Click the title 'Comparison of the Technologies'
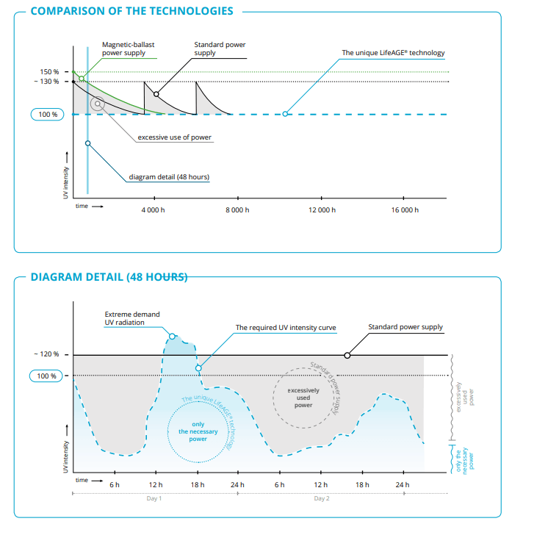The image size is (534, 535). coord(132,11)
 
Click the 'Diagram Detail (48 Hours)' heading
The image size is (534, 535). coord(109,277)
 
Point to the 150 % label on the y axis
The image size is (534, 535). coord(49,72)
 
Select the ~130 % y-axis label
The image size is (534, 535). coord(47,81)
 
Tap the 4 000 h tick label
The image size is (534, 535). coord(153,210)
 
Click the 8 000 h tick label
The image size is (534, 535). coord(237,210)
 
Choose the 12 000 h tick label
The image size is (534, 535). coord(322,210)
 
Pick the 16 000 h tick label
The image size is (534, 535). coord(405,210)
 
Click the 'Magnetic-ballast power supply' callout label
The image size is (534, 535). coord(129,49)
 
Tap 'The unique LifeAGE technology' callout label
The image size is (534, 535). coord(393,53)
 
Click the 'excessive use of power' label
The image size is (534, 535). coord(175,137)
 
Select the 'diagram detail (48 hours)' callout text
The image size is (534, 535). coord(169,176)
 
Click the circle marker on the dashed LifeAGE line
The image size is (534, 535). coord(285,114)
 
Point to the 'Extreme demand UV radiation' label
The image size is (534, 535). coord(132,318)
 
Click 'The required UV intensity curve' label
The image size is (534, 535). coord(286,328)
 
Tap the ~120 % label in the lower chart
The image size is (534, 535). coord(47,354)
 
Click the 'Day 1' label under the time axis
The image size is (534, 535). coord(154,498)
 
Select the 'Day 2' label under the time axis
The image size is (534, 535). coord(322,498)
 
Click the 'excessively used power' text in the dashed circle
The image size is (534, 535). coord(303,398)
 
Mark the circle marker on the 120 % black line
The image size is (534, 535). coord(347,356)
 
